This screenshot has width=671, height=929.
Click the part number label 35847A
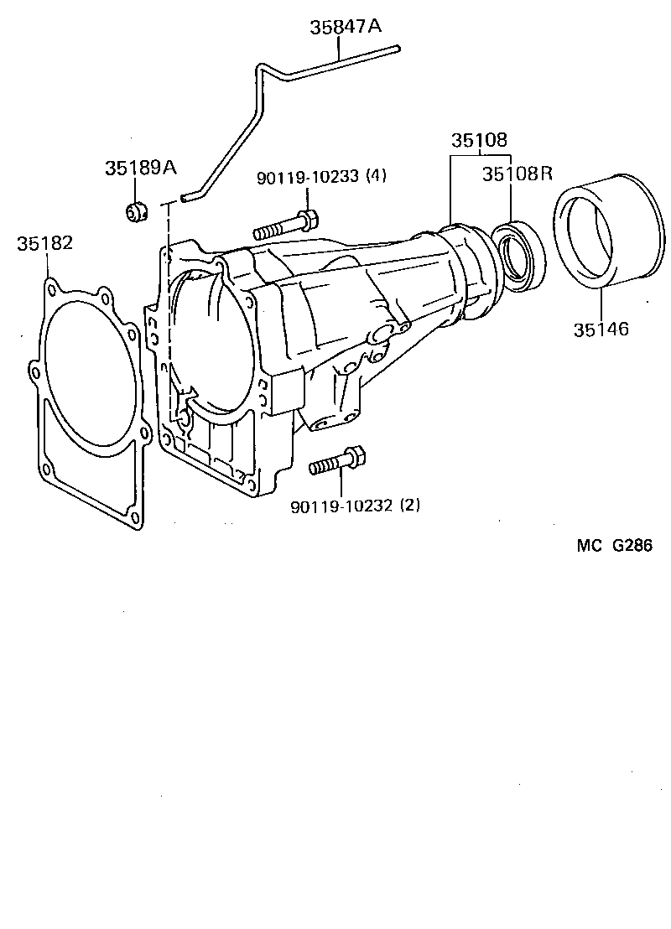345,27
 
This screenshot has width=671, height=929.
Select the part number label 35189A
140,168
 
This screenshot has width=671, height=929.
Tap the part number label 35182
44,243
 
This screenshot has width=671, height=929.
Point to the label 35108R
518,174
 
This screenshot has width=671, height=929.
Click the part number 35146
601,329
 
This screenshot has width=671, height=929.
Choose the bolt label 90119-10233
309,176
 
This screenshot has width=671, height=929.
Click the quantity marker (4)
377,176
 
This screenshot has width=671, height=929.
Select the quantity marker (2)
410,506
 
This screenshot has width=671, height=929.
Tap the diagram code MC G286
614,545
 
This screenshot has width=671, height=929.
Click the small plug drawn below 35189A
136,213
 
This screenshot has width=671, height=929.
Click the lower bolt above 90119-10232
337,461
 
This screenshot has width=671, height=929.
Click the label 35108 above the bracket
480,140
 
